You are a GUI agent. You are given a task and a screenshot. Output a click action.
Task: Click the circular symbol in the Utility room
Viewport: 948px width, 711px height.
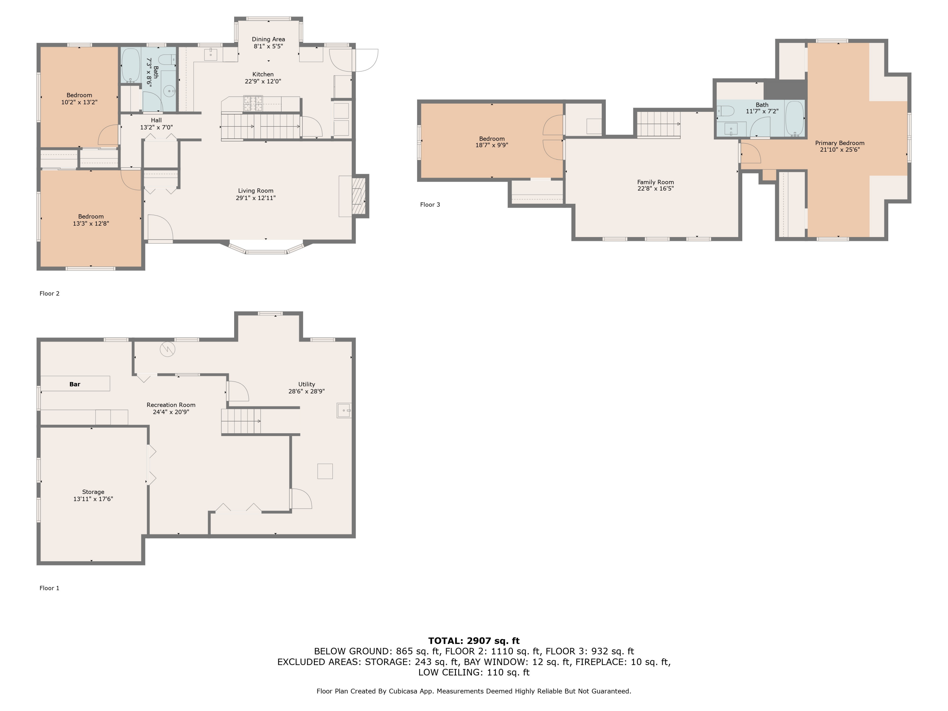pyautogui.click(x=167, y=349)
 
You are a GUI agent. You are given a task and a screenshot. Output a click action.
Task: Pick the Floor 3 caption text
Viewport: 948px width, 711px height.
pyautogui.click(x=430, y=205)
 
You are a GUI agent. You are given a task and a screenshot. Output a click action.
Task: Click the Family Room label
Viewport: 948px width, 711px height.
pyautogui.click(x=655, y=182)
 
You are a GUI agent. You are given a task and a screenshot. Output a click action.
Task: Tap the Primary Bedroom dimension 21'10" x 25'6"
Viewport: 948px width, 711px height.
pyautogui.click(x=840, y=149)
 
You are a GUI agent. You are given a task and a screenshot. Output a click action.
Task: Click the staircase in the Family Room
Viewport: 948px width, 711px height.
pyautogui.click(x=658, y=124)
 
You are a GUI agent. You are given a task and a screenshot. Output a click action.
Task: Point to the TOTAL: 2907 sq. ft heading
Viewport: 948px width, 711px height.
pyautogui.click(x=474, y=641)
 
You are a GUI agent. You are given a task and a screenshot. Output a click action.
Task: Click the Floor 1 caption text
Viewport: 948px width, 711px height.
pyautogui.click(x=49, y=588)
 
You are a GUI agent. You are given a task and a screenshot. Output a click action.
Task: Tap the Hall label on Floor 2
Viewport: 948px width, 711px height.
pyautogui.click(x=156, y=120)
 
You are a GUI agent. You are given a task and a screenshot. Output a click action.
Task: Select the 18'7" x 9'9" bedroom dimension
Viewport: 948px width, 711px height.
pyautogui.click(x=492, y=145)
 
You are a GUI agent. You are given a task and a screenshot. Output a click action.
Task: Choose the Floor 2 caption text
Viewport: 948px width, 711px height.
pyautogui.click(x=49, y=294)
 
